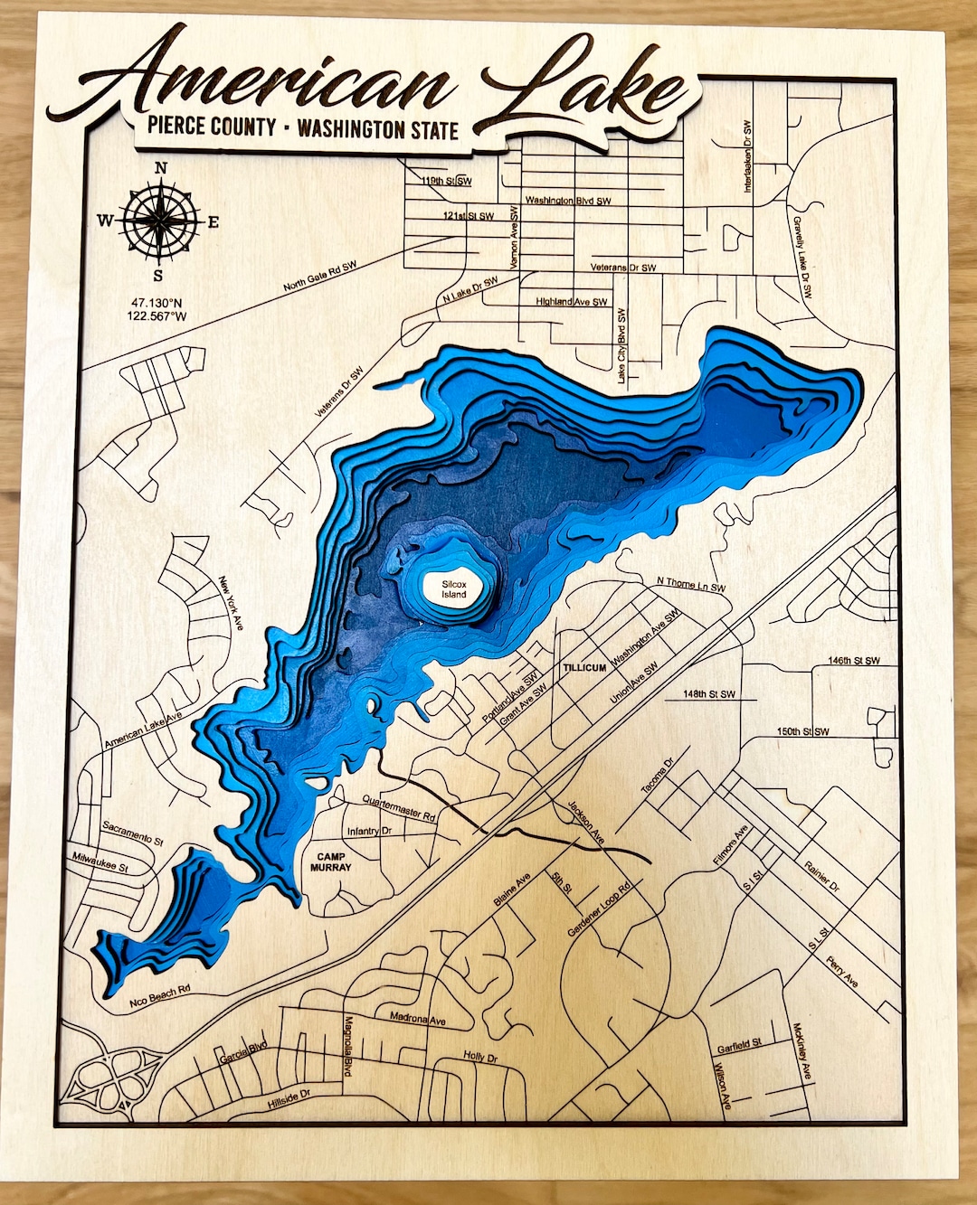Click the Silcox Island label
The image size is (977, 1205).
pyautogui.click(x=454, y=589)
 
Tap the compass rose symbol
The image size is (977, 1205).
pyautogui.click(x=160, y=220)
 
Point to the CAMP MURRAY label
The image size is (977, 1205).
pyautogui.click(x=331, y=861)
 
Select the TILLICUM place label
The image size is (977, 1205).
pyautogui.click(x=584, y=667)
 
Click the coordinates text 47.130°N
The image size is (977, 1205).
pyautogui.click(x=157, y=303)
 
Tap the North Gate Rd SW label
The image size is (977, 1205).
pyautogui.click(x=320, y=277)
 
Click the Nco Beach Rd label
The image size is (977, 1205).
pyautogui.click(x=160, y=995)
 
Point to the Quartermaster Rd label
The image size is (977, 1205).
pyautogui.click(x=399, y=807)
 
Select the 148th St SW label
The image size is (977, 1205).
pyautogui.click(x=709, y=694)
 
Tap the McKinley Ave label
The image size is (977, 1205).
pyautogui.click(x=802, y=1051)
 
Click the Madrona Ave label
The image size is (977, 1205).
pyautogui.click(x=418, y=1018)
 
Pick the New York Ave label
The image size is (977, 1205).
pyautogui.click(x=230, y=603)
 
